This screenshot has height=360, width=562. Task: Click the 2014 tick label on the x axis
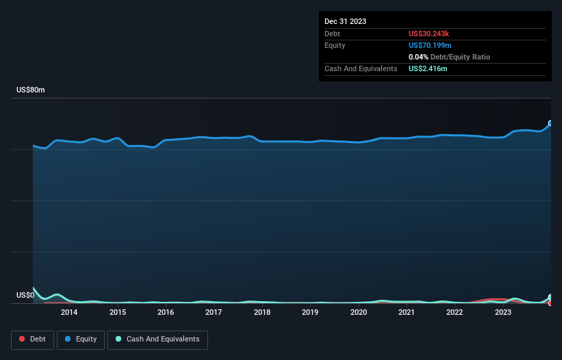(68, 313)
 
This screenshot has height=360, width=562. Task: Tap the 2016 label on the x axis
(165, 313)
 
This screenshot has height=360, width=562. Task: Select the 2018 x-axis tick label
(261, 313)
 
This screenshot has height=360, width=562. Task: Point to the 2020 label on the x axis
(358, 313)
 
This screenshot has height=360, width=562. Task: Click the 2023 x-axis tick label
(503, 313)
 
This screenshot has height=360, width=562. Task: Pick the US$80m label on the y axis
(30, 90)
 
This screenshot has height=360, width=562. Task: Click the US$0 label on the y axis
(25, 296)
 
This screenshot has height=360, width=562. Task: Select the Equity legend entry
(80, 339)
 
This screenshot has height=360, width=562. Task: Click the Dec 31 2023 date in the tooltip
(345, 21)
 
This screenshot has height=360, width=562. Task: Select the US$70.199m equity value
(431, 45)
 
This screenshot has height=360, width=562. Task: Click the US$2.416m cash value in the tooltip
(429, 68)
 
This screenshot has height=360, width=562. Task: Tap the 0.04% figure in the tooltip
(419, 57)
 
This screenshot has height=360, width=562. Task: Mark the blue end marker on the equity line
(550, 123)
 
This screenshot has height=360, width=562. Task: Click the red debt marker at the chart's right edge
(550, 303)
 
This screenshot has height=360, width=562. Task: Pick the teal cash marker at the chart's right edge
(550, 297)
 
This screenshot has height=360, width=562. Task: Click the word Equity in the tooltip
(335, 45)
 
